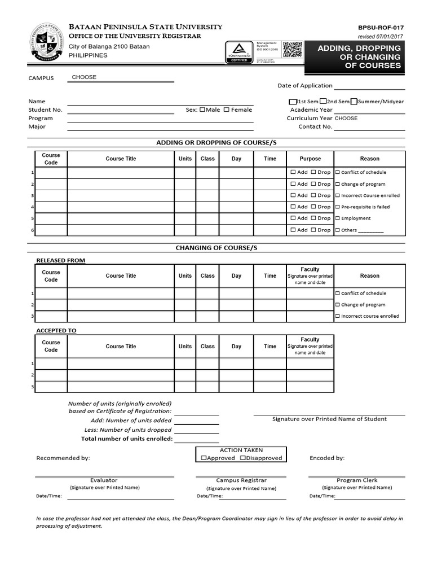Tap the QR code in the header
pos(291,50)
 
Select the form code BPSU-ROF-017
pos(381,27)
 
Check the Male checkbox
pos(202,110)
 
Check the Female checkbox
pos(227,110)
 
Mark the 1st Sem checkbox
pos(292,102)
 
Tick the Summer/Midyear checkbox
pos(354,102)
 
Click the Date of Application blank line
pos(369,86)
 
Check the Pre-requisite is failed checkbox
pos(338,207)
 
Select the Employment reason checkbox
pos(338,218)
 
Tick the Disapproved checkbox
pos(243,458)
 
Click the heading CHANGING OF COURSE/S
pos(216,248)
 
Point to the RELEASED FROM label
pos(61,260)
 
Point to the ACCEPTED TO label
pos(56,330)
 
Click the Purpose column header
pos(310,159)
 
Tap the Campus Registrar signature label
pos(241,480)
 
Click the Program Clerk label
pos(356,480)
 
